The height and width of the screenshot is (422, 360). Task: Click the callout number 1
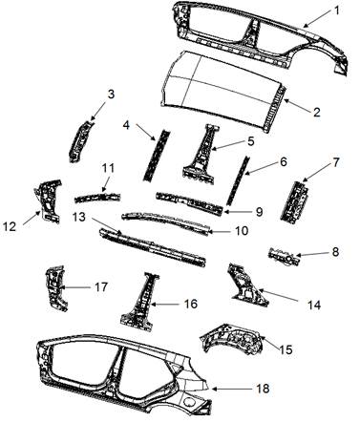click(x=336, y=11)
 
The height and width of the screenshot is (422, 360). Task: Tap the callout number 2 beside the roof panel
click(x=316, y=113)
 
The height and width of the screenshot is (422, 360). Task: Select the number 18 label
click(x=263, y=389)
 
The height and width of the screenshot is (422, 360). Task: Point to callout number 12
click(x=10, y=226)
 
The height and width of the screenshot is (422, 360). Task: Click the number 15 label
click(x=286, y=349)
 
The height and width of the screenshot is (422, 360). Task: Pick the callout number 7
click(x=336, y=162)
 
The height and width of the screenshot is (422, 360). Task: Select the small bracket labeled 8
click(x=285, y=257)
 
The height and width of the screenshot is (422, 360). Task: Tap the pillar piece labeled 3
click(x=79, y=140)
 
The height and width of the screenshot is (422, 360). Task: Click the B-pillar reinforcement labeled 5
click(x=201, y=155)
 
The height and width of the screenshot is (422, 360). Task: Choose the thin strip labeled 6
click(x=237, y=179)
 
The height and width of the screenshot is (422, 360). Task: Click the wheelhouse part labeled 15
click(x=232, y=339)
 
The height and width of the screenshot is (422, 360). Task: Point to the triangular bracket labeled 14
click(x=246, y=285)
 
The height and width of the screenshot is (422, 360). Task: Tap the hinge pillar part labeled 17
click(x=55, y=288)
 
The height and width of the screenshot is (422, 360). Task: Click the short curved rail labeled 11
click(x=97, y=198)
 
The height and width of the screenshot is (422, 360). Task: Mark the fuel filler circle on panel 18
click(x=190, y=402)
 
